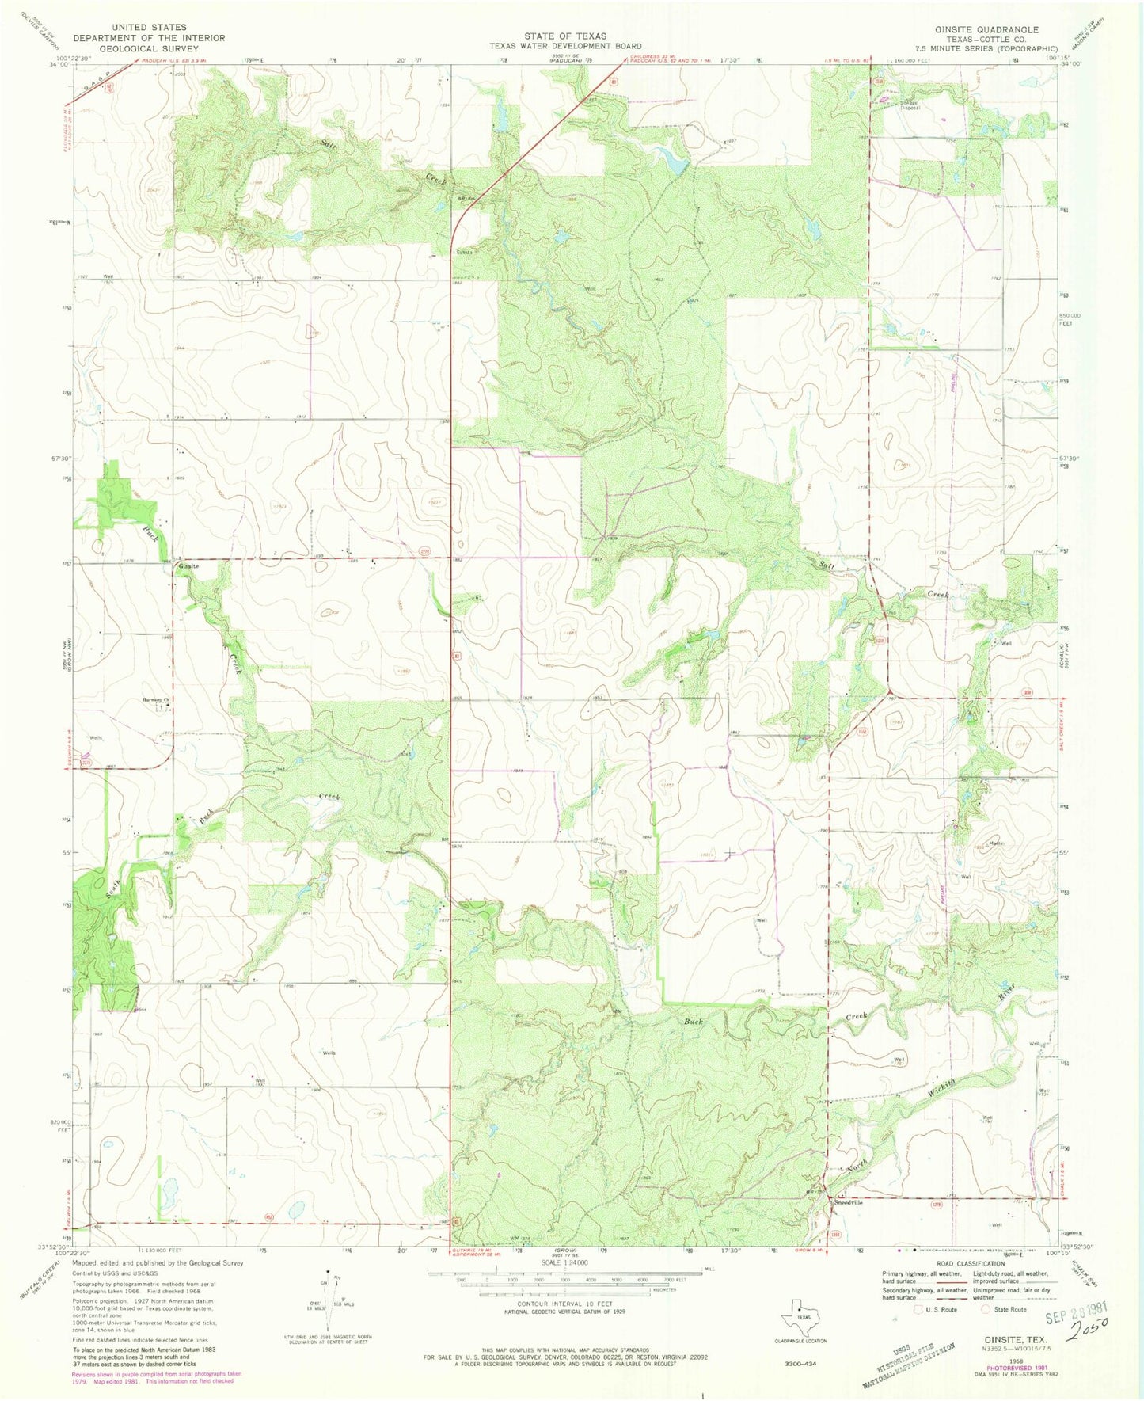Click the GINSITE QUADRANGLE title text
986,29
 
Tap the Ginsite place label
188,566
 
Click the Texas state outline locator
798,1317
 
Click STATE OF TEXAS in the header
564,36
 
